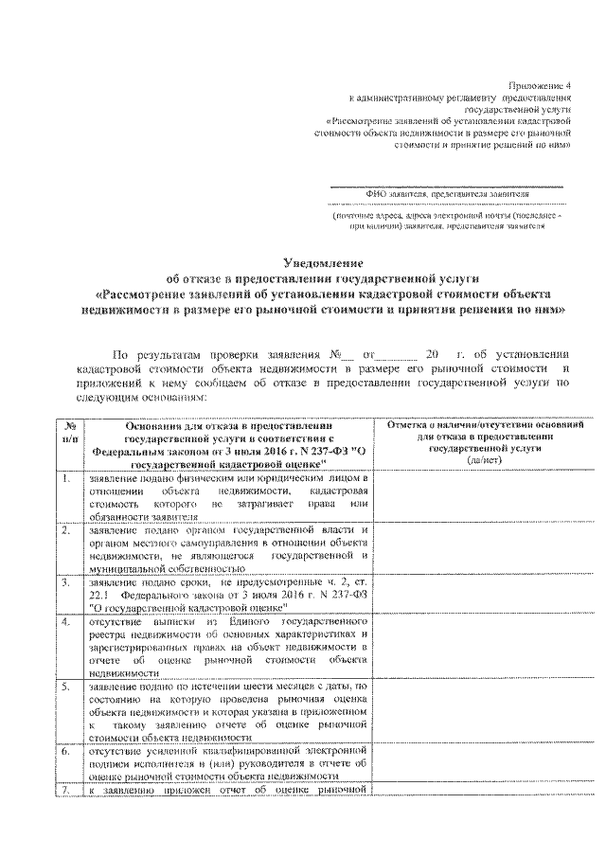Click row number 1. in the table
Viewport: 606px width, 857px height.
point(66,479)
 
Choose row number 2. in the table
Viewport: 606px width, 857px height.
point(66,530)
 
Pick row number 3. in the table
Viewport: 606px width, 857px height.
point(66,582)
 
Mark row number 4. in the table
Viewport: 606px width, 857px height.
point(66,621)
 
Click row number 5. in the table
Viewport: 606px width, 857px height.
point(66,685)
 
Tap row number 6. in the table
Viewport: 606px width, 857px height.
point(66,750)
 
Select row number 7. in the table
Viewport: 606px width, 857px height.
point(66,790)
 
